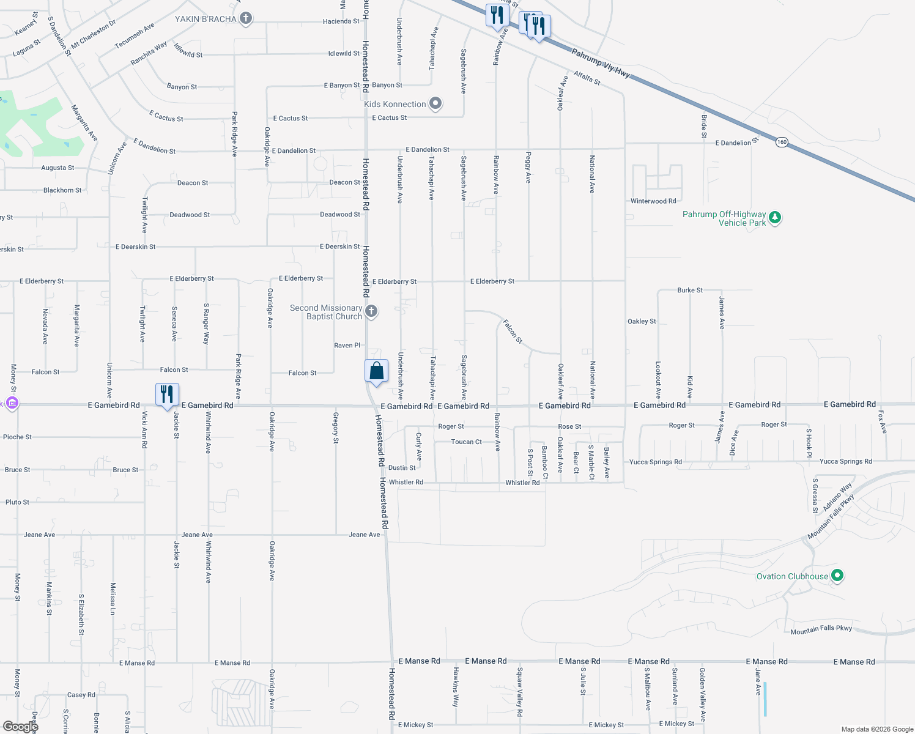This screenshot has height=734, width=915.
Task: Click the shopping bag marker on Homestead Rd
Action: (376, 371)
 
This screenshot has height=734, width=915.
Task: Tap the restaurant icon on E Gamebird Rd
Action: (167, 395)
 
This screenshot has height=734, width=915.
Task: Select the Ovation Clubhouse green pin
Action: (838, 576)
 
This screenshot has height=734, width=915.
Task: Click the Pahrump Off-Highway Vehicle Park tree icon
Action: (775, 217)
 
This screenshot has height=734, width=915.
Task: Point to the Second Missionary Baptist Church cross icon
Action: (371, 311)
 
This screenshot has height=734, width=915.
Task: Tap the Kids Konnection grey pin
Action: (435, 103)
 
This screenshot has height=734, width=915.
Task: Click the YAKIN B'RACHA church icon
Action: (246, 18)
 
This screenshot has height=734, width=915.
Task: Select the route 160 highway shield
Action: (782, 142)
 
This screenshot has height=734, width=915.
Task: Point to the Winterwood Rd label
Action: (653, 201)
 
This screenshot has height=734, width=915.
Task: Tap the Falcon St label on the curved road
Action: (513, 331)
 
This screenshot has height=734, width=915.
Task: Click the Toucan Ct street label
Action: (466, 442)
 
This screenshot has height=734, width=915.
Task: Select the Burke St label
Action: (690, 291)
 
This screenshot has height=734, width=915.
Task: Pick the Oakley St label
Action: (642, 321)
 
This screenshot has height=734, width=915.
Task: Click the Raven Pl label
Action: (347, 346)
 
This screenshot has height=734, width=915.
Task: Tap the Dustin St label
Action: (402, 468)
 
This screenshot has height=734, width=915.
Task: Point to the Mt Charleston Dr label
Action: (93, 34)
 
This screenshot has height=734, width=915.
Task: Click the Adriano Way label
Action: (837, 497)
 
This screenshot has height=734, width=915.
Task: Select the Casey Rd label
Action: (81, 695)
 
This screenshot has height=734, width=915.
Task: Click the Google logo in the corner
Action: (20, 726)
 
